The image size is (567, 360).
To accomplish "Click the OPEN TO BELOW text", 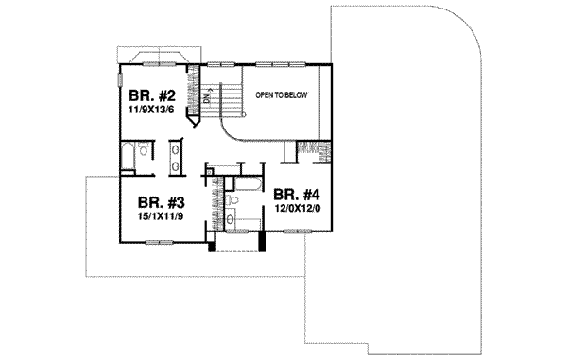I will coord(281,96).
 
